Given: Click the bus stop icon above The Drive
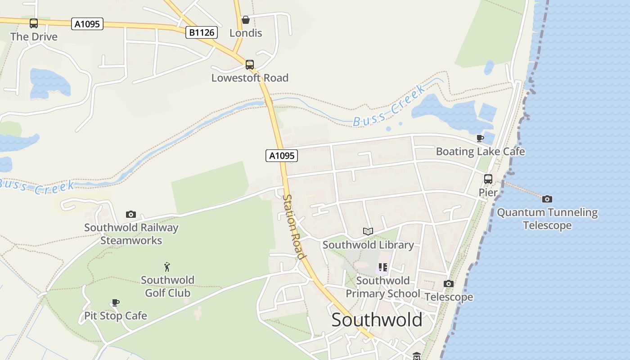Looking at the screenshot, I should (x=34, y=23).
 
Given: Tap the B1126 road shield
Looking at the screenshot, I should (x=202, y=32).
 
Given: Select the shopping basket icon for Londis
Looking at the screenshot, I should (x=246, y=20).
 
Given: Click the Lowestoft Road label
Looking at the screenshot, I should (x=250, y=78).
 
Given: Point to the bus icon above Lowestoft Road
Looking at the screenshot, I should (x=250, y=65).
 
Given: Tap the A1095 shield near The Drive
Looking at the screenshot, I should (x=87, y=24).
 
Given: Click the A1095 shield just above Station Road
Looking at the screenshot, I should (x=282, y=156).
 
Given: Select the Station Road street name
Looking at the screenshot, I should (x=294, y=227).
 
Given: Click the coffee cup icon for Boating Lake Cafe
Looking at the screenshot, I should (x=480, y=138).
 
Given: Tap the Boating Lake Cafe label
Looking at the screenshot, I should (x=480, y=152).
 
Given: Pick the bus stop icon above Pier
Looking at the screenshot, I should (x=488, y=179).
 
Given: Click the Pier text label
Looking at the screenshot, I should (x=488, y=193).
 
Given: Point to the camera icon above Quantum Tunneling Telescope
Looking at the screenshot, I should (x=547, y=199).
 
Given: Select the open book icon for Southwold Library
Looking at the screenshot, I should (x=368, y=231).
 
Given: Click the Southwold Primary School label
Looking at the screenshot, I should (x=383, y=287).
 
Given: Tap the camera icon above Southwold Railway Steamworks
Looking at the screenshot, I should (x=131, y=214).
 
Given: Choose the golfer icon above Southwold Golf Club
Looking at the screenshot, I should (x=167, y=267).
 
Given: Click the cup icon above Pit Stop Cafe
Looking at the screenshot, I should (x=116, y=302).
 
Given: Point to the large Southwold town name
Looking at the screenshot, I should (x=377, y=320).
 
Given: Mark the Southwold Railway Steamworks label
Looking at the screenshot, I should (x=131, y=234).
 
